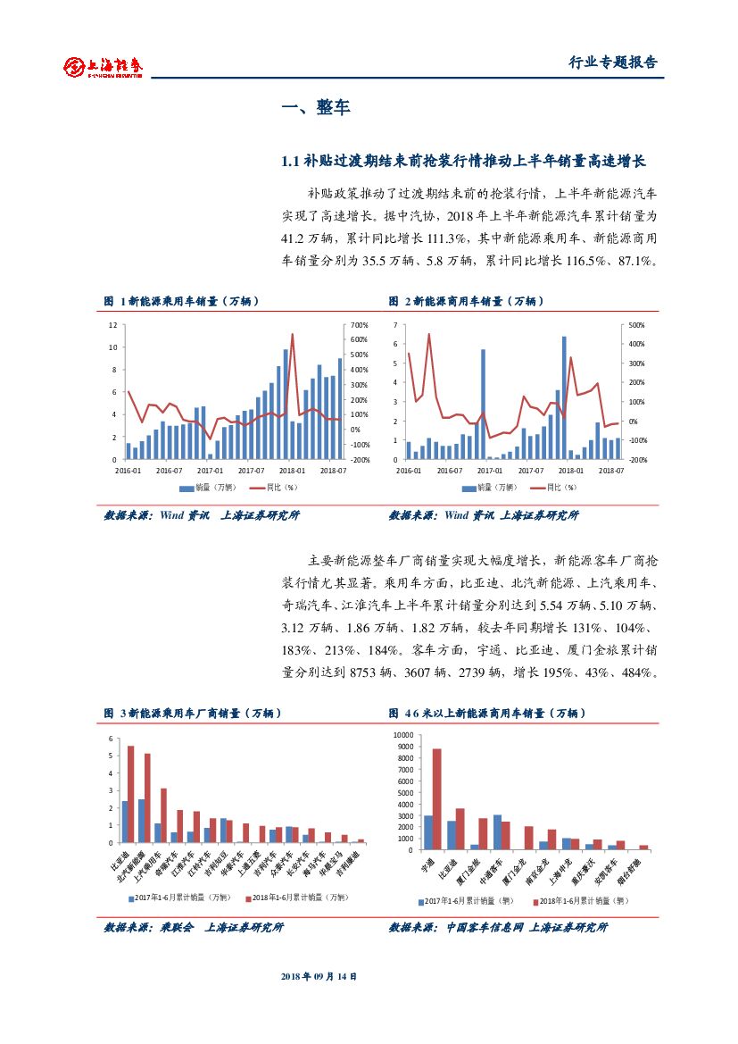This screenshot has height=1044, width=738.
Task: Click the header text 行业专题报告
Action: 612,63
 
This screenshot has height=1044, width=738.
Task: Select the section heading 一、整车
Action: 316,108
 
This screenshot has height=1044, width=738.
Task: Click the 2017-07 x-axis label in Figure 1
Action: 253,470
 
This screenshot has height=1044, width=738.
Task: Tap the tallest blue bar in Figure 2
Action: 564,397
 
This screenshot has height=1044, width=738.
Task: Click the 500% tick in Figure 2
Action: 636,325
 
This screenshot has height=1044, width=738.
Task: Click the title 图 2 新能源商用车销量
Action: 466,302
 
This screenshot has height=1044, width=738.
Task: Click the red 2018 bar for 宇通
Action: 436,798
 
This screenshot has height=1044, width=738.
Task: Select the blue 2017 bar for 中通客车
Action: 497,831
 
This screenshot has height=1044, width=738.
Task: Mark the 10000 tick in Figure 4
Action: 402,734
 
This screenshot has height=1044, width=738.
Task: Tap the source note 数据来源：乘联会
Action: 194,928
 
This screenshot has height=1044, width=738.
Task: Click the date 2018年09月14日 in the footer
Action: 319,977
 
